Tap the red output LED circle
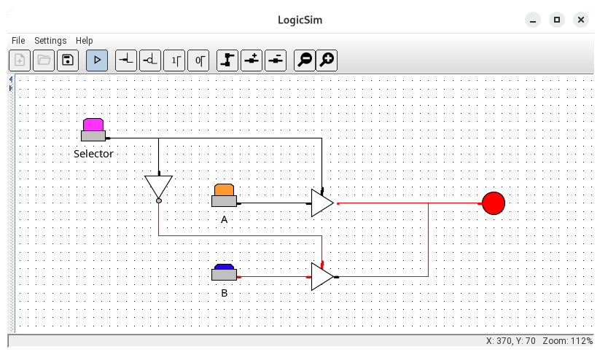click(x=494, y=203)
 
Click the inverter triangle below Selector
click(x=158, y=187)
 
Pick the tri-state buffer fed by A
click(x=321, y=203)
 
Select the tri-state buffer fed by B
click(x=321, y=277)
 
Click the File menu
click(x=18, y=41)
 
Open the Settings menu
click(x=50, y=41)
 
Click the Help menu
click(x=85, y=41)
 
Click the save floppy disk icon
click(x=67, y=60)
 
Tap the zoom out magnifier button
click(x=305, y=60)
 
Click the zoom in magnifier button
click(x=327, y=60)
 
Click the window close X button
click(x=581, y=20)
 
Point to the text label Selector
click(x=93, y=154)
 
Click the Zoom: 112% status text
click(x=567, y=341)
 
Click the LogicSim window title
click(x=303, y=20)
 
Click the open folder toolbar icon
click(x=44, y=60)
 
